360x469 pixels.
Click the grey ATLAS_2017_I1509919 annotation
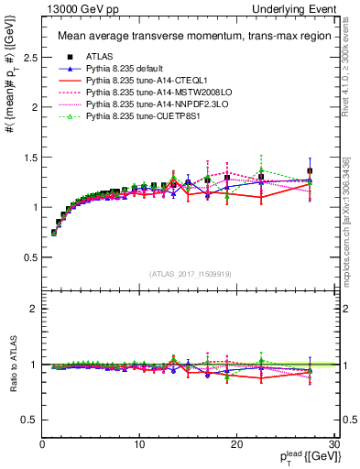[x=188, y=274]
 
